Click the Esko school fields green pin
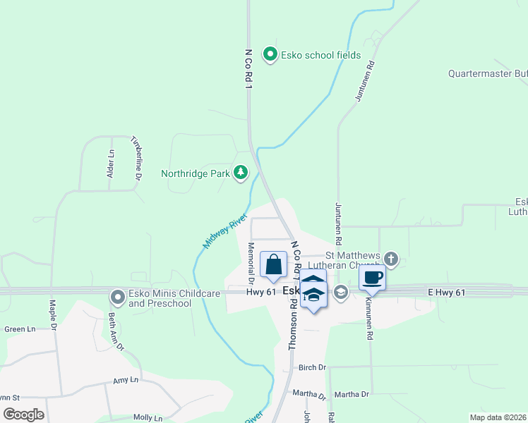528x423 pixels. (x=269, y=54)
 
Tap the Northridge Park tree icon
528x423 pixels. (x=241, y=173)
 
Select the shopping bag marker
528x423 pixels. (x=274, y=265)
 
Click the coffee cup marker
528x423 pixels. (x=372, y=277)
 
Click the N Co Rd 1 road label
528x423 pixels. (x=248, y=68)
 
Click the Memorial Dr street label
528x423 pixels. (x=251, y=258)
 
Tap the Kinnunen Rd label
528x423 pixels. (x=368, y=318)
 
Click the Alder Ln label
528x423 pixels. (x=111, y=164)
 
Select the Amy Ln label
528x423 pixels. (x=126, y=381)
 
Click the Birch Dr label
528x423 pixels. (x=312, y=367)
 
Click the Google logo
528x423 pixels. (x=23, y=414)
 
